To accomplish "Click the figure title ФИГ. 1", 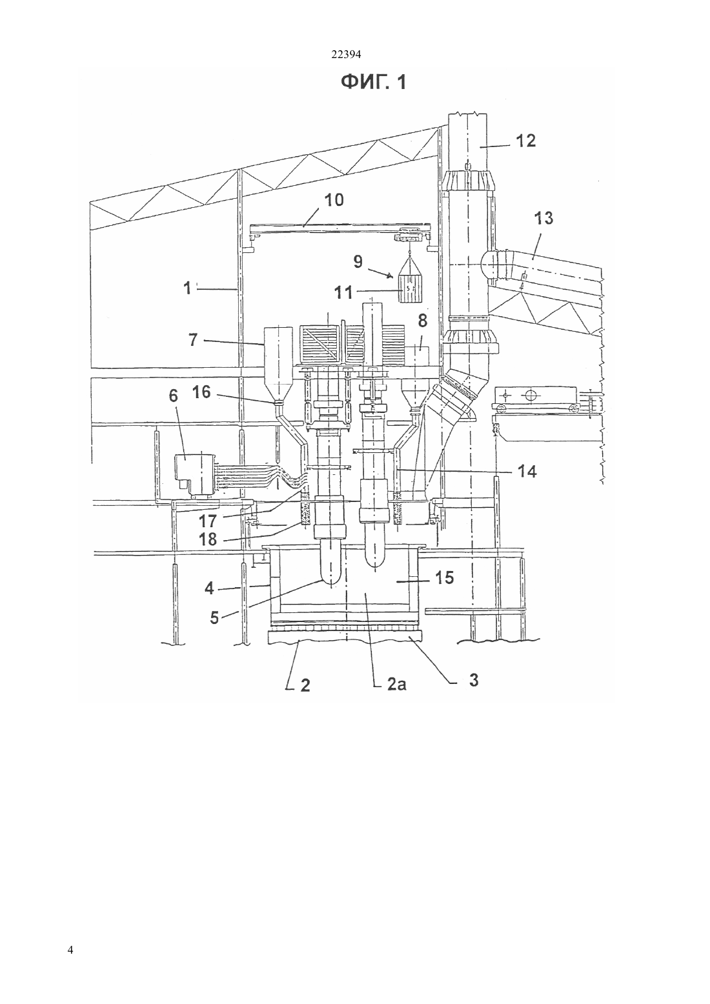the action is click(x=373, y=82).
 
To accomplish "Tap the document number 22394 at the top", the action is click(x=345, y=55).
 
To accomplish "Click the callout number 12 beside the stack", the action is click(x=526, y=141).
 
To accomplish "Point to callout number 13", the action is click(x=543, y=218).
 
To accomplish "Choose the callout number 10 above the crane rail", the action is click(x=334, y=200).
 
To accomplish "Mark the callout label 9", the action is click(x=358, y=261).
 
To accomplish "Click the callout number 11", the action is click(x=344, y=293).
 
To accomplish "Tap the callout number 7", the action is click(x=193, y=340).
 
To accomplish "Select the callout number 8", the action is click(x=422, y=321).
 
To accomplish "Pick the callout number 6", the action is click(x=173, y=396).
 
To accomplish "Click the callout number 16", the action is click(x=201, y=392).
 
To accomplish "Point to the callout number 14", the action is click(x=527, y=471).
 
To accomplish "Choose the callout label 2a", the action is click(x=397, y=685).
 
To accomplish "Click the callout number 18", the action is click(x=208, y=539).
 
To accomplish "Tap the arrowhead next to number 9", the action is click(x=391, y=276).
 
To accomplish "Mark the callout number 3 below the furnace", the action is click(x=473, y=679).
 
